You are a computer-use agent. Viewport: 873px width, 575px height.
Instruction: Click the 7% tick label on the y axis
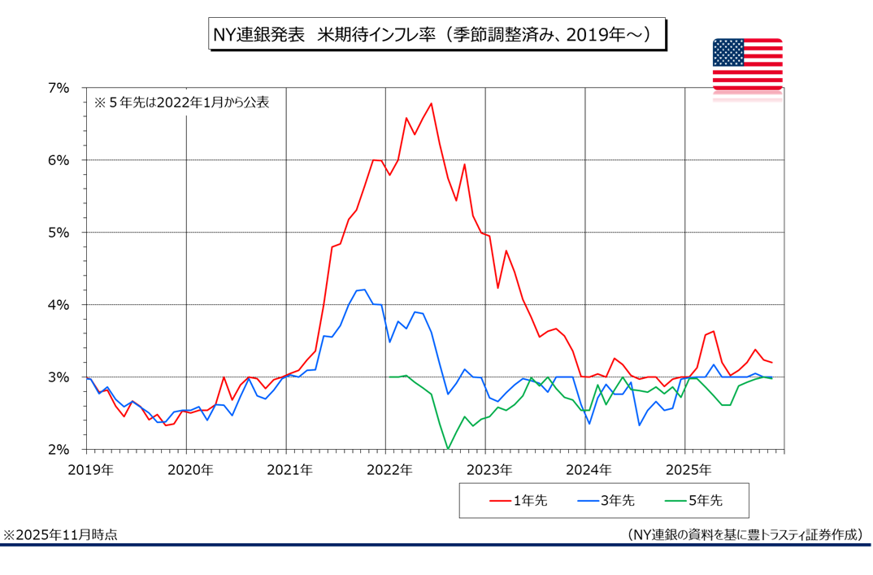[x=59, y=88]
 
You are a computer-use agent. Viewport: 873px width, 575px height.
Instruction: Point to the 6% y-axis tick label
[x=59, y=160]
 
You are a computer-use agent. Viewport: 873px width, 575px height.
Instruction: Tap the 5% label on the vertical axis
[x=59, y=233]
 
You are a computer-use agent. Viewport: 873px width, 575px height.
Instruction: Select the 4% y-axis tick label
[x=59, y=305]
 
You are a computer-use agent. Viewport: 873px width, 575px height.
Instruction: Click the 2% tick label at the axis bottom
[x=59, y=450]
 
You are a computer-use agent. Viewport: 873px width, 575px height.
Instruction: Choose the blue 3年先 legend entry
[x=606, y=500]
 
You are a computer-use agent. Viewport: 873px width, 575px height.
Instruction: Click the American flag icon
[x=747, y=64]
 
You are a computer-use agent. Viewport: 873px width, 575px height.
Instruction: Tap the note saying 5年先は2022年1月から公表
[x=180, y=103]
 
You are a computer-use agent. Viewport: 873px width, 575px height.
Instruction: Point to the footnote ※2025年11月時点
[x=60, y=534]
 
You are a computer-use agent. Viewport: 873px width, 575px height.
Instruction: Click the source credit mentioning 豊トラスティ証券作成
[x=745, y=534]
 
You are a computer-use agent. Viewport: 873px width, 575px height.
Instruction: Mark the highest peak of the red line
[x=431, y=103]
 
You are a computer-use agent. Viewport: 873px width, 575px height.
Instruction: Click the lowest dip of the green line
[x=448, y=448]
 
